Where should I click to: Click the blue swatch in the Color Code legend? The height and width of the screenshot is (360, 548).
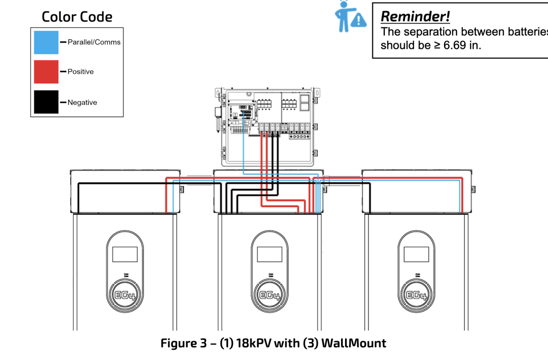click(46, 42)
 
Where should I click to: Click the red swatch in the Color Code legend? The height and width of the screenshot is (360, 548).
click(46, 72)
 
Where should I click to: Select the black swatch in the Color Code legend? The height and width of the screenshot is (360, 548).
click(46, 102)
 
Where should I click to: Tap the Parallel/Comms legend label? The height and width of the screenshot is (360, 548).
click(94, 42)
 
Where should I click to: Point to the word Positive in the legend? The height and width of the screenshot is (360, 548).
click(80, 72)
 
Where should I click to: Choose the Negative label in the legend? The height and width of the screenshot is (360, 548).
click(82, 102)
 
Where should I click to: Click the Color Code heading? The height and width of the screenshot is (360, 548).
click(77, 17)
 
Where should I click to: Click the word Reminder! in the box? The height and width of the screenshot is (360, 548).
click(415, 16)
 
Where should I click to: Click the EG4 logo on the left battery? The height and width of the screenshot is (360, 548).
click(125, 295)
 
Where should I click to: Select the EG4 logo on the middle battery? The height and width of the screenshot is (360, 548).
click(270, 295)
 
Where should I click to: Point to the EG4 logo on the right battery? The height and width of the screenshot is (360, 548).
click(416, 295)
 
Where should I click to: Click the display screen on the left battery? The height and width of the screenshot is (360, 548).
click(125, 254)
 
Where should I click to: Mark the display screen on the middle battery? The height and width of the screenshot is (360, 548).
click(270, 254)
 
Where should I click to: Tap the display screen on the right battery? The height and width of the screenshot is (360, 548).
click(416, 254)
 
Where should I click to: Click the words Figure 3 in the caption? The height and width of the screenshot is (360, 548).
click(184, 343)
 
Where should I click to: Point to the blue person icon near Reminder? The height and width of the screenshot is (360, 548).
click(343, 17)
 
